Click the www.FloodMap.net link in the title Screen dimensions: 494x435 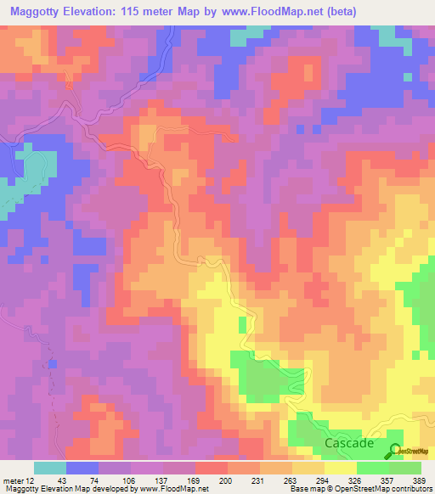point(279,11)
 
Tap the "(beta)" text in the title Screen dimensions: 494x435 point(357,11)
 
